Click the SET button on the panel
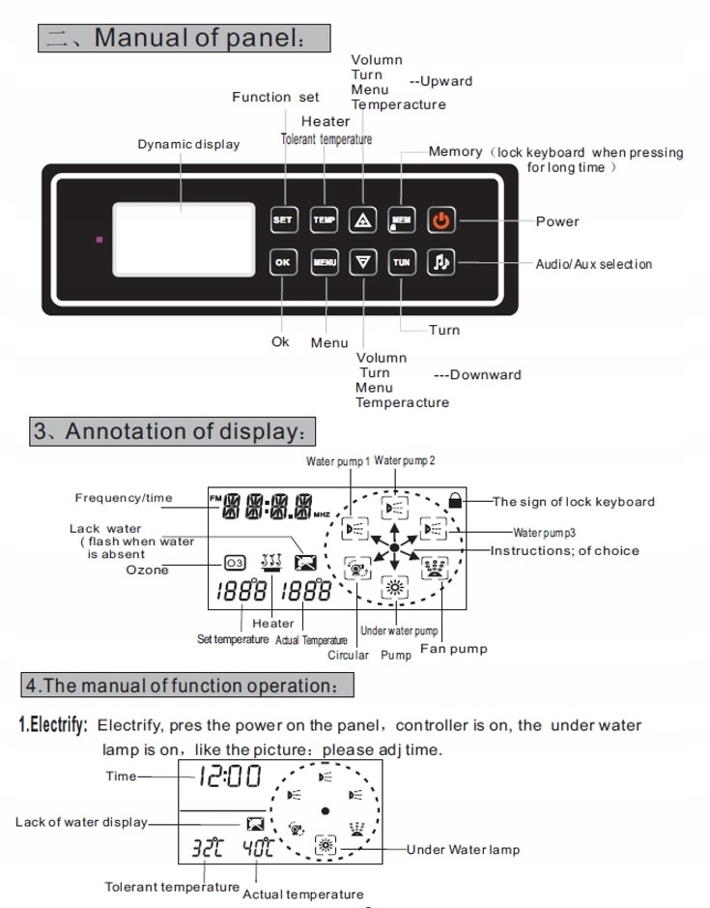pyautogui.click(x=282, y=220)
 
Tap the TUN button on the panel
pyautogui.click(x=401, y=262)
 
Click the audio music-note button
pyautogui.click(x=440, y=262)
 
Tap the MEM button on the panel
pyautogui.click(x=401, y=220)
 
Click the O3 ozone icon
pyautogui.click(x=235, y=562)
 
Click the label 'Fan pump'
pyautogui.click(x=454, y=649)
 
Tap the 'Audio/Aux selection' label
pyautogui.click(x=593, y=264)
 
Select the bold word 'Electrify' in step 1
pyautogui.click(x=55, y=725)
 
